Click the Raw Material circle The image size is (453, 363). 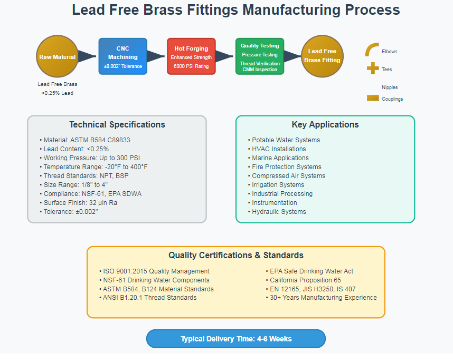point(57,56)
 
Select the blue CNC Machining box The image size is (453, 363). point(122,56)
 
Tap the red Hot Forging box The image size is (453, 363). point(191,56)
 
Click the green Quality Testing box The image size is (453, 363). point(260,56)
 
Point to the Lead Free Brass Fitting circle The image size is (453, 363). point(323,56)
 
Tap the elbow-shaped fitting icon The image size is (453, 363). point(372,50)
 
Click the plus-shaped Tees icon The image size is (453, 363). point(372,68)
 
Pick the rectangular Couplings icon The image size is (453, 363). point(373,98)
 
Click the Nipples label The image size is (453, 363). point(390,87)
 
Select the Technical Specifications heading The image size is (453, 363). point(117,125)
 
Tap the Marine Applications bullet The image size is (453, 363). point(280,158)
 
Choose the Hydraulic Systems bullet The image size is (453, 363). point(279,212)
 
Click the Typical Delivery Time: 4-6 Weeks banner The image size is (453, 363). point(235,339)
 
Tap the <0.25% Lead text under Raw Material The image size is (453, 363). point(57,93)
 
